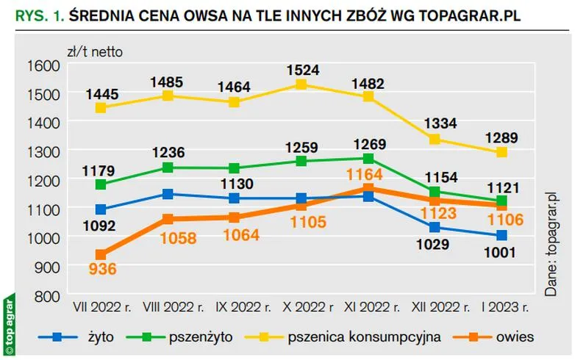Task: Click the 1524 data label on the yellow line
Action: (301, 71)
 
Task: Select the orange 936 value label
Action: (101, 270)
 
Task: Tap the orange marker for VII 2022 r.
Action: (101, 254)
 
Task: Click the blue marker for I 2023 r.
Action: (501, 235)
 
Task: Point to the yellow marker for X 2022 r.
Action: (301, 84)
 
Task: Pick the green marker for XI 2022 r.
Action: (368, 158)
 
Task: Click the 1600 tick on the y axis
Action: (43, 65)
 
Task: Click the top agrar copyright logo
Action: (9, 324)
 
